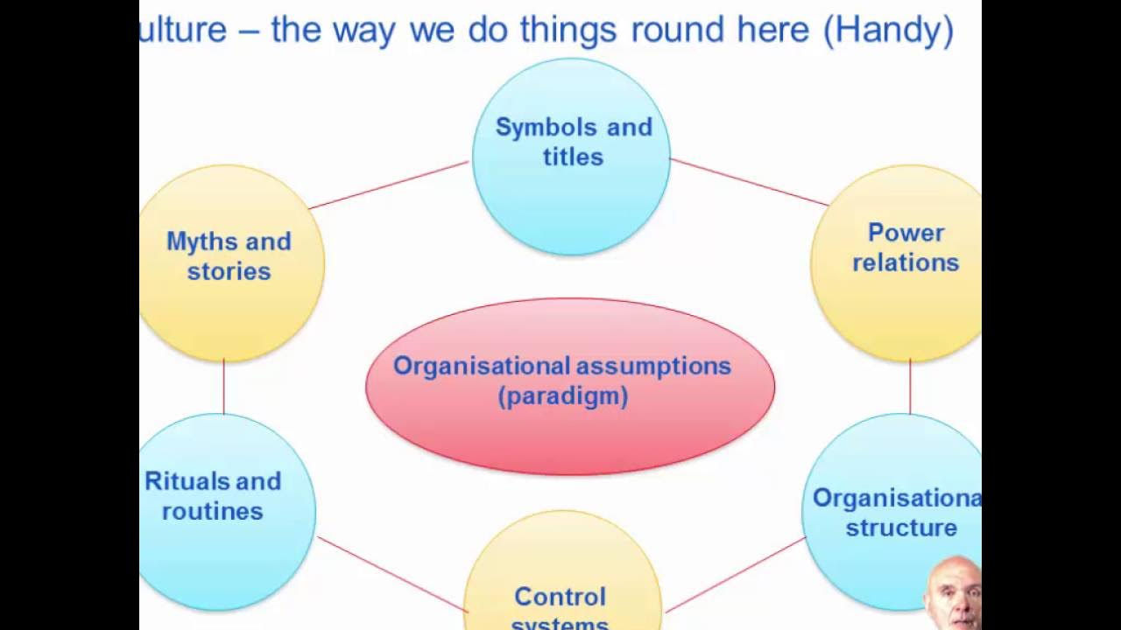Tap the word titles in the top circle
(573, 157)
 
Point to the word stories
(229, 271)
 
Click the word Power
(906, 233)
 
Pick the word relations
(906, 262)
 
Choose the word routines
(213, 511)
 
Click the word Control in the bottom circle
(560, 597)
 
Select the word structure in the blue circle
(900, 528)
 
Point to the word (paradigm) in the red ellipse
(563, 396)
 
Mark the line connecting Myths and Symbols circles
(390, 185)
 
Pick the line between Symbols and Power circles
(749, 182)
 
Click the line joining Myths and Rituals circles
(223, 387)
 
